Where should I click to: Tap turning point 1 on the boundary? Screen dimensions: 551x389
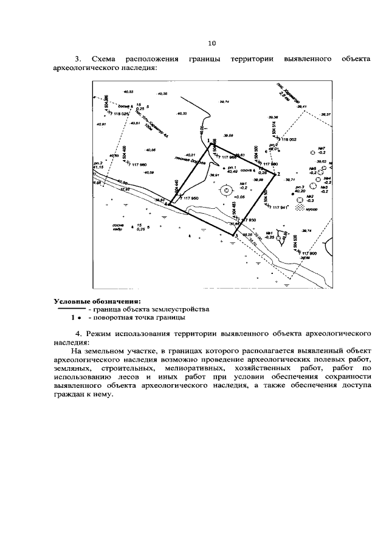(x=215, y=144)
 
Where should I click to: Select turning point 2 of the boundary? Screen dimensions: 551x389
(x=276, y=175)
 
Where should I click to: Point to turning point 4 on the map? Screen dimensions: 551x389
(x=169, y=204)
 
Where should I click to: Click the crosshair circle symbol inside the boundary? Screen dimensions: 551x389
(x=225, y=190)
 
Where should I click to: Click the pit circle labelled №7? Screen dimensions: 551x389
(x=312, y=152)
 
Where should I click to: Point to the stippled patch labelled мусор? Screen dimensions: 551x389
(x=299, y=208)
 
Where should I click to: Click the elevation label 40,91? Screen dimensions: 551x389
(x=102, y=124)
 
